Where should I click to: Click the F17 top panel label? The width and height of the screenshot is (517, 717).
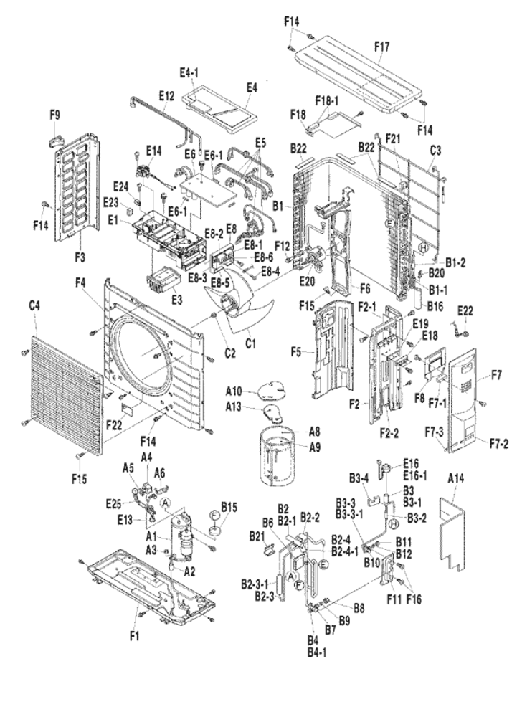tap(381, 45)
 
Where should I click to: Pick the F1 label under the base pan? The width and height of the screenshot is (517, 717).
tap(135, 635)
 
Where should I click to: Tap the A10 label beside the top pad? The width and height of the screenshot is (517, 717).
tap(234, 391)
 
